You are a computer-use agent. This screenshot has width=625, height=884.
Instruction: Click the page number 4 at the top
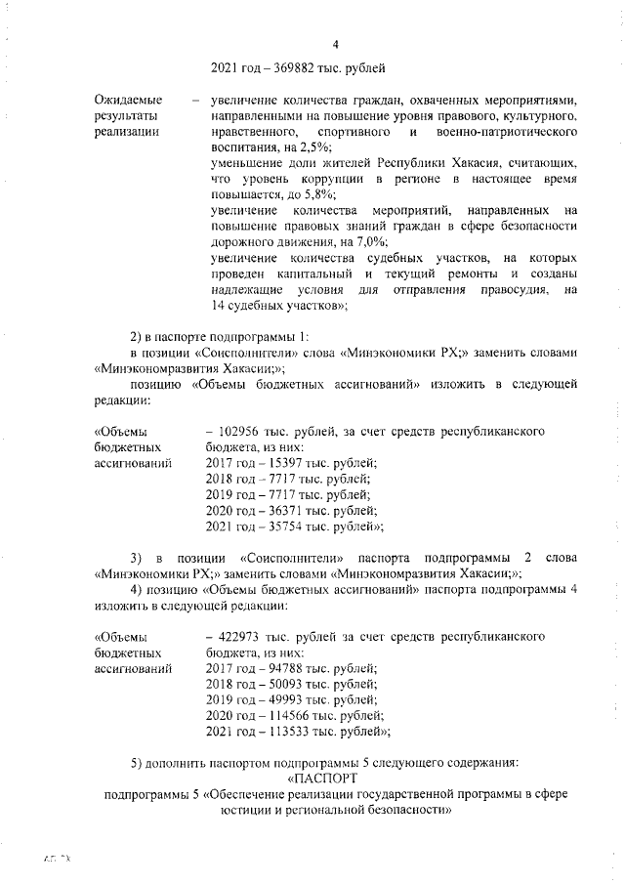coord(335,45)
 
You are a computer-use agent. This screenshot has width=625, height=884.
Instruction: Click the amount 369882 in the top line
coord(292,68)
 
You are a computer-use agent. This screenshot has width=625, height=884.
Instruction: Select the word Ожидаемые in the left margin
coord(128,101)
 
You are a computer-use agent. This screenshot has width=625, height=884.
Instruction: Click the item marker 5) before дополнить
coord(138,762)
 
